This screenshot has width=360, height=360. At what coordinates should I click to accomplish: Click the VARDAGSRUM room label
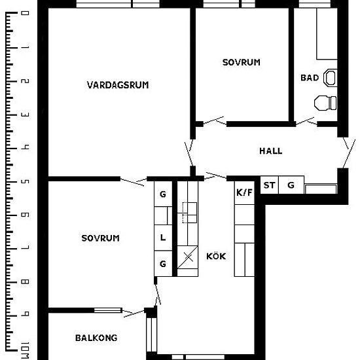pos(118,85)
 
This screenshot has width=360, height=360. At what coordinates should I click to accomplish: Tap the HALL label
pos(271,151)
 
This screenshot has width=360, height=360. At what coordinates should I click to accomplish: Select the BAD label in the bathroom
pos(310,78)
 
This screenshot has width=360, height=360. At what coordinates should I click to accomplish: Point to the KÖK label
pos(216,256)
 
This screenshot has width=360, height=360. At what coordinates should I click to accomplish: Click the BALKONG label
pos(96,338)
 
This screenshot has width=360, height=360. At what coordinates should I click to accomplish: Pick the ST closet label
pos(269,185)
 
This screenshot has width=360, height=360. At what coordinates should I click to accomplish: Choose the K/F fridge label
pos(244,192)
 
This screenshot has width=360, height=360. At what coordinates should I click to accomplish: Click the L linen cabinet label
pos(163,238)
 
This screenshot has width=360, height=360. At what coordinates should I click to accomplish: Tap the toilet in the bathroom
pos(325,103)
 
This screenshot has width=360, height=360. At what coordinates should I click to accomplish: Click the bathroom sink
pos(331,78)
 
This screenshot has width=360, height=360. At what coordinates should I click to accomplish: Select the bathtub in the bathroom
pos(327,34)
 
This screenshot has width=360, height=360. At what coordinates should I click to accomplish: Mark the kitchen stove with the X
pos(188,257)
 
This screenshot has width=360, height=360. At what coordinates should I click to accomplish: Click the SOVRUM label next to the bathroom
pos(242,62)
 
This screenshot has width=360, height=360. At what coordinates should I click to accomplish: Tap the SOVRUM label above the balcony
pos(100,238)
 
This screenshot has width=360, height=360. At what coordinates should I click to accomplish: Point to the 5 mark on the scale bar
pos(25,182)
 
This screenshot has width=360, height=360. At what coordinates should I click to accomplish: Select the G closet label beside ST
pos(291,185)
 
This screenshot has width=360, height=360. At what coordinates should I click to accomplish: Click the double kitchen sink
pos(189,213)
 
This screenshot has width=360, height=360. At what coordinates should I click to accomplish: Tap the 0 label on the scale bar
pos(25,13)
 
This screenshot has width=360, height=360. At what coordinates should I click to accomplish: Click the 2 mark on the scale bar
pos(25,81)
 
